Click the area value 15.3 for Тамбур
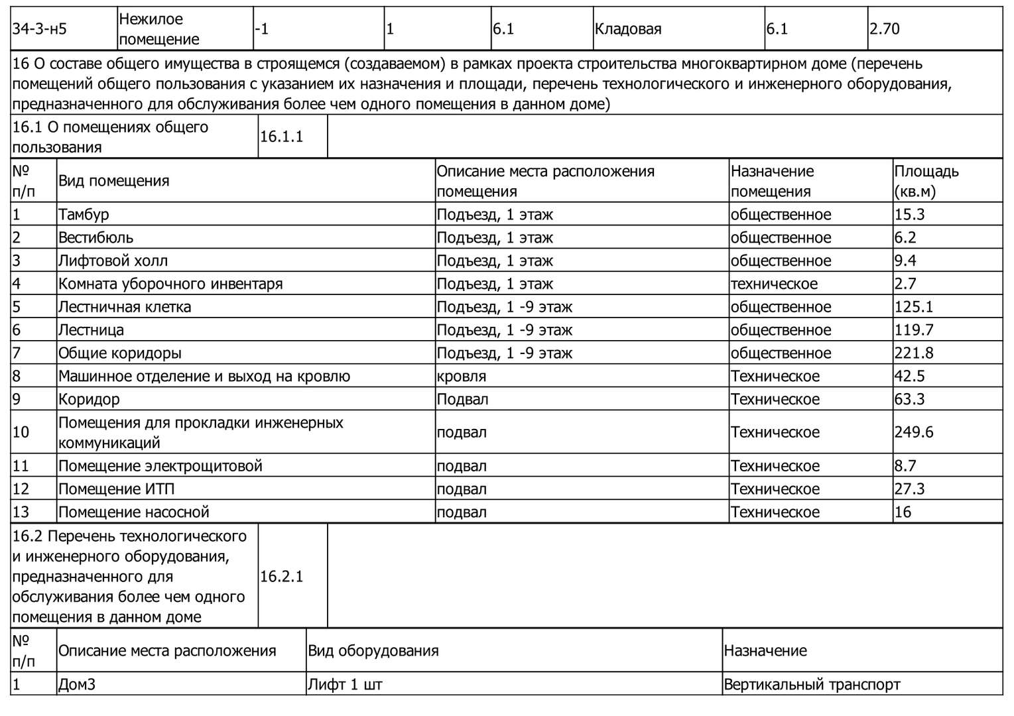909,214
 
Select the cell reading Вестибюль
95,237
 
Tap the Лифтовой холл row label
113,261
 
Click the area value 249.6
914,432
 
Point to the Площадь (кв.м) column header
926,181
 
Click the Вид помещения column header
113,181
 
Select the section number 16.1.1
281,137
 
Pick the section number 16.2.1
281,576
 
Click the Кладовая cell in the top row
628,29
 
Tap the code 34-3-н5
40,29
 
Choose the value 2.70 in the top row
885,29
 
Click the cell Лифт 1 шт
345,684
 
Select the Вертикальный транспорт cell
812,684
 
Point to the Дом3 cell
77,684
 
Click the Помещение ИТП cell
116,489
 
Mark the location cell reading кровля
461,377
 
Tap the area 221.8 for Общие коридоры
914,353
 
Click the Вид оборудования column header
373,650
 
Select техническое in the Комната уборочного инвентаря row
774,284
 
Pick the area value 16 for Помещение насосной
903,512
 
